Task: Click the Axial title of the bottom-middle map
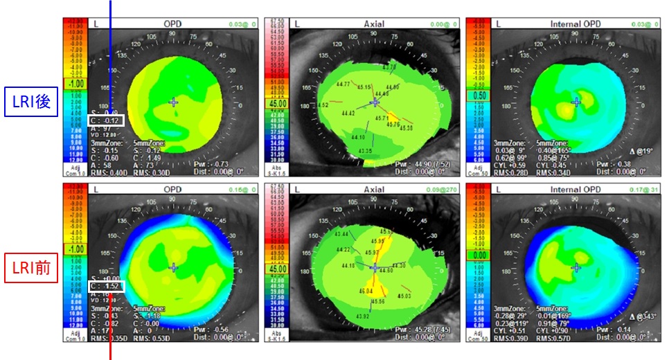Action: (374, 188)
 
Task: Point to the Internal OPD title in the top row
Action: (575, 24)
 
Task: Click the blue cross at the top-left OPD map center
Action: (173, 102)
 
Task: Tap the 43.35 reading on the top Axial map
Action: (364, 150)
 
